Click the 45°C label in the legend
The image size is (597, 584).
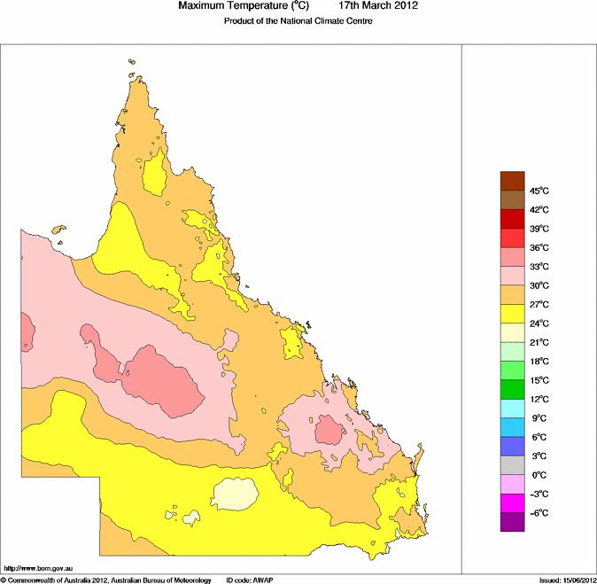540,191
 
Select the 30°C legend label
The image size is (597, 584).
540,285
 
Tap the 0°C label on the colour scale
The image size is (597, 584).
539,474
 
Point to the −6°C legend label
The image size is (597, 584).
539,513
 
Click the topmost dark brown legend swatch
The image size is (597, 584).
513,181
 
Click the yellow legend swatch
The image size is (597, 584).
513,314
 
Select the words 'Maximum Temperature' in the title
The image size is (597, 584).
234,6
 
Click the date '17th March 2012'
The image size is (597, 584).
378,6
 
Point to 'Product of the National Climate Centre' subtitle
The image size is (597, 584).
298,20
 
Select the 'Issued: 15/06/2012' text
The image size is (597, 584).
567,580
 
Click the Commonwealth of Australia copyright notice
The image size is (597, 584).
106,580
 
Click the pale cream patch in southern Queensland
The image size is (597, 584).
236,493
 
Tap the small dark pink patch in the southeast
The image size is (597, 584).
330,432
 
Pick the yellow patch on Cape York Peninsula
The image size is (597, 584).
156,174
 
